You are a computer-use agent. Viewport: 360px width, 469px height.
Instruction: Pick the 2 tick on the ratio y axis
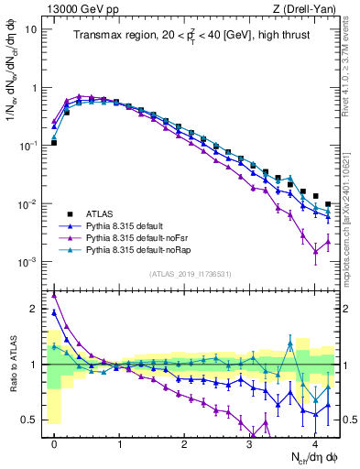(35, 309)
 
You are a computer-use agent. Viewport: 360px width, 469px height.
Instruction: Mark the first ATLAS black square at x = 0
(54, 143)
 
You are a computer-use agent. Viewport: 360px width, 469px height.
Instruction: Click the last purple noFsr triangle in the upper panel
(329, 242)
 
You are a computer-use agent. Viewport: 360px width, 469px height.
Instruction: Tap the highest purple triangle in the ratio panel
(54, 295)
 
